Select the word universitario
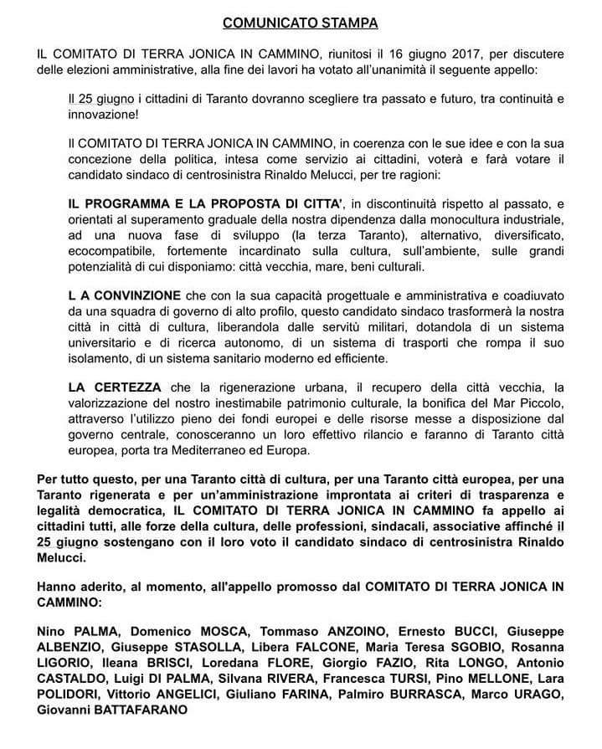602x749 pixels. click(x=110, y=344)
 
